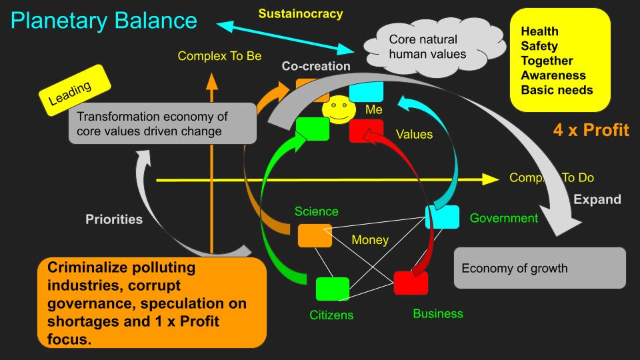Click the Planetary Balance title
[x=104, y=21]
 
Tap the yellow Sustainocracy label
[x=301, y=13]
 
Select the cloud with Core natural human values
[x=433, y=47]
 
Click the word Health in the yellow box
[x=539, y=31]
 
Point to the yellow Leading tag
[x=75, y=90]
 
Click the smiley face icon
[x=339, y=109]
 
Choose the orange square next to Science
[x=315, y=235]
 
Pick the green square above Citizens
[x=333, y=289]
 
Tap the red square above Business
[x=411, y=283]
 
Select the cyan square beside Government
[x=443, y=217]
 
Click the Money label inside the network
[x=370, y=239]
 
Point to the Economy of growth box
[x=539, y=268]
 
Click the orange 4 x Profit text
[x=591, y=130]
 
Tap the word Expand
[x=597, y=199]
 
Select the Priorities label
[x=114, y=219]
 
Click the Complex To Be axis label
[x=219, y=56]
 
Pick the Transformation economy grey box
[x=163, y=123]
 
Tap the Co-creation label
[x=316, y=66]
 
